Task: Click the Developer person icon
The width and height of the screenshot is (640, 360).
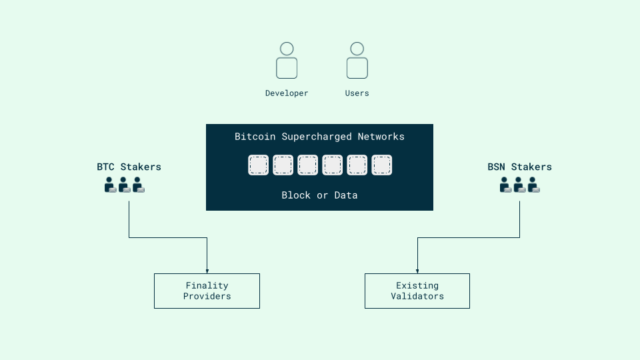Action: point(287,61)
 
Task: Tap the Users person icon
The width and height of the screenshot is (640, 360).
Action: point(357,61)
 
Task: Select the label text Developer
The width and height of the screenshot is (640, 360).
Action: point(287,93)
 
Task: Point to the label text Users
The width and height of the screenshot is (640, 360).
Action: point(357,93)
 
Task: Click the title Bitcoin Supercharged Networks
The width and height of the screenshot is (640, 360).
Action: point(319,137)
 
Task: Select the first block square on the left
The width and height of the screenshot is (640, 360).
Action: point(259,165)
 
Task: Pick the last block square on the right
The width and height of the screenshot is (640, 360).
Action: point(381,165)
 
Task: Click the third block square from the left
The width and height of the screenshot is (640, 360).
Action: point(307,165)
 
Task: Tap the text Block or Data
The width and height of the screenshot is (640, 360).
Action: point(319,195)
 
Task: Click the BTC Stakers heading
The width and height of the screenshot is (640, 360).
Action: point(129,167)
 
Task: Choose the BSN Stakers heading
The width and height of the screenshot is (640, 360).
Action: point(519,167)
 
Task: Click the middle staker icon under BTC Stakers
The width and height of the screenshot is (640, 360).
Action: point(125,185)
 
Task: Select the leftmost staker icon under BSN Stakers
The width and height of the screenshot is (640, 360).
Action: point(506,185)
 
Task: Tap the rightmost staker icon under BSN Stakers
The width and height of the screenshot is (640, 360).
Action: point(534,185)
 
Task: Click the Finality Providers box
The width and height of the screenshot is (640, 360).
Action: point(207,291)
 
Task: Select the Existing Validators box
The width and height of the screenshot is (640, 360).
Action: point(417,291)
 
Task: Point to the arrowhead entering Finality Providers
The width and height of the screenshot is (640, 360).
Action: point(207,270)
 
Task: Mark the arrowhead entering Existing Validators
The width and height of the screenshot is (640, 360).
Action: point(417,270)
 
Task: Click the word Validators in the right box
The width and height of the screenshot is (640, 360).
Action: point(417,296)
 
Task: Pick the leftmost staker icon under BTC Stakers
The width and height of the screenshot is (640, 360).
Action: point(111,185)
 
